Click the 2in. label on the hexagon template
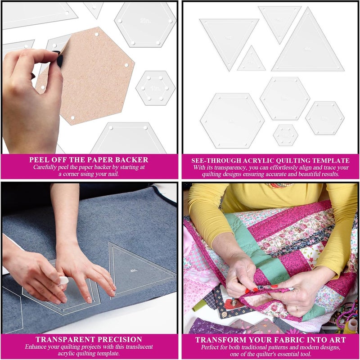pos(145,21)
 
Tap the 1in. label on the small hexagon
pos(156,88)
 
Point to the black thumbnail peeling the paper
pos(59,59)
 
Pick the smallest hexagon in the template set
pos(286,135)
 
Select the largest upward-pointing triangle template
pos(307,45)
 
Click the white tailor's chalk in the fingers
pos(63,280)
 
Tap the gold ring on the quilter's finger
pos(297,309)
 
